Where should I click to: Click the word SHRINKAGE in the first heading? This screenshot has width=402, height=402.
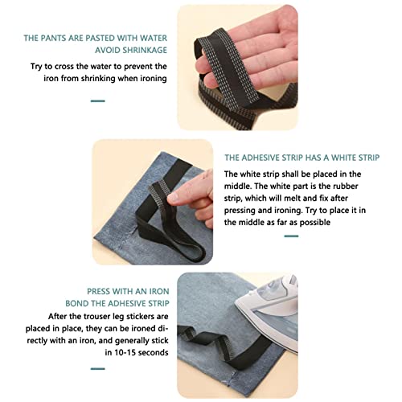click(139, 51)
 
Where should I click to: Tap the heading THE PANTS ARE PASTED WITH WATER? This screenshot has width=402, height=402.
click(95, 38)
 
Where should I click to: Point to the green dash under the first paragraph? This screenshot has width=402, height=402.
click(97, 101)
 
